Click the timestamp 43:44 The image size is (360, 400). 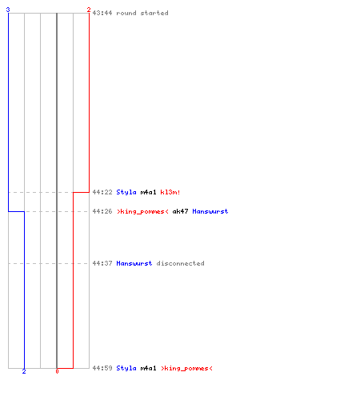(x=102, y=13)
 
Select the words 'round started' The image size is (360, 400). (x=142, y=13)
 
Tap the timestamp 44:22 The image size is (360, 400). (x=102, y=192)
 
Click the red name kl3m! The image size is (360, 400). (x=170, y=192)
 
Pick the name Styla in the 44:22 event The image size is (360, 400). (x=126, y=192)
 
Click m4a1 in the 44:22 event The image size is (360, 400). (x=148, y=192)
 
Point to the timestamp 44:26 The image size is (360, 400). (x=102, y=211)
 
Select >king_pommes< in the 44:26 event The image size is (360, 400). (x=142, y=211)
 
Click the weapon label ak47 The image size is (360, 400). (x=180, y=211)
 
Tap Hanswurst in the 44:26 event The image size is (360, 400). (x=210, y=211)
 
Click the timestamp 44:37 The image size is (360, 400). (x=102, y=263)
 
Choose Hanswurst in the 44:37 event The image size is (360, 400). (x=134, y=263)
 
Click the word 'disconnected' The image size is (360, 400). (x=180, y=263)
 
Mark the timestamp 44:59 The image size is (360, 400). (x=102, y=368)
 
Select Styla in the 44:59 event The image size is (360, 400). (x=126, y=368)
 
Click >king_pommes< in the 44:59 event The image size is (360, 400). (x=186, y=368)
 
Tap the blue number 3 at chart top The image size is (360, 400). (x=8, y=10)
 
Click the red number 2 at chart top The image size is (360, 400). (x=89, y=10)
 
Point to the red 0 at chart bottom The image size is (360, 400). (x=57, y=371)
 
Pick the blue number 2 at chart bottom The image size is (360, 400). (x=24, y=371)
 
